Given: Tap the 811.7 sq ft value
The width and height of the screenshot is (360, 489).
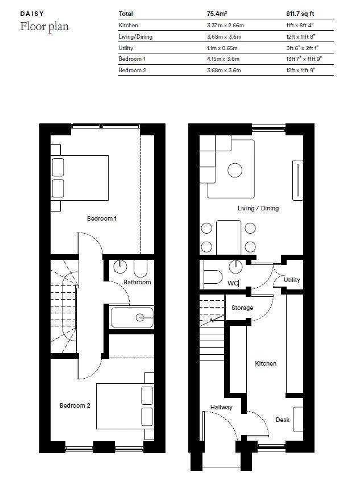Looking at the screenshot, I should pyautogui.click(x=299, y=13).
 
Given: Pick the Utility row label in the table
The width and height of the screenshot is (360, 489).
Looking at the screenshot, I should pyautogui.click(x=126, y=48).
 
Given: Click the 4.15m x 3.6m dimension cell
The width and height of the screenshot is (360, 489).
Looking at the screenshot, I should pyautogui.click(x=223, y=59).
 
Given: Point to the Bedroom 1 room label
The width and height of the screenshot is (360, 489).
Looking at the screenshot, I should pyautogui.click(x=102, y=218).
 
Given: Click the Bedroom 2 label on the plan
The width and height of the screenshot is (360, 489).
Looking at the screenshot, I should pyautogui.click(x=75, y=405).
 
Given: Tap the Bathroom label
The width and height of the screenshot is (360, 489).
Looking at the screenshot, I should pyautogui.click(x=137, y=282).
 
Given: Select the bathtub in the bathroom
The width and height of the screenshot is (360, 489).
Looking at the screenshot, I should pyautogui.click(x=132, y=317).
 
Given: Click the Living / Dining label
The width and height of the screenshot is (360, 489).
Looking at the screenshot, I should pyautogui.click(x=258, y=208).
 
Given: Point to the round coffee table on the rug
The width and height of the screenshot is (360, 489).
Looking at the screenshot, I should pyautogui.click(x=235, y=170).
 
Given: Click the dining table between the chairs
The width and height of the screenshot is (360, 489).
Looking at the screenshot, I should pyautogui.click(x=228, y=237).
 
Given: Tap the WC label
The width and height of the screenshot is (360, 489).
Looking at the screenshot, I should pyautogui.click(x=233, y=283).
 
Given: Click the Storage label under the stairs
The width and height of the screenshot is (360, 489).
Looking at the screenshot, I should pyautogui.click(x=242, y=308).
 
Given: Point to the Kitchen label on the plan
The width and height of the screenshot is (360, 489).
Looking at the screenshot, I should pyautogui.click(x=266, y=363).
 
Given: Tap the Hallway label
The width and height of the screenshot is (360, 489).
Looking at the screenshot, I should pyautogui.click(x=221, y=407).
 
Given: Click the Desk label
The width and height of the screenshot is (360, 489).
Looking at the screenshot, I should pyautogui.click(x=283, y=420).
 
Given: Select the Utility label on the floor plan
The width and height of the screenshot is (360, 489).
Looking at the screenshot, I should pyautogui.click(x=292, y=280).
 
